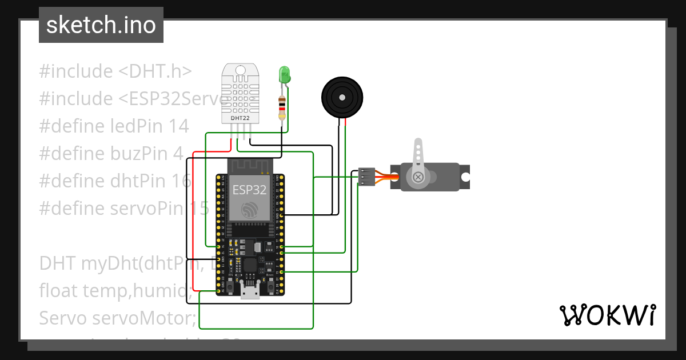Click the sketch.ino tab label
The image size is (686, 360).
click(101, 25)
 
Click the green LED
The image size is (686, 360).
click(284, 75)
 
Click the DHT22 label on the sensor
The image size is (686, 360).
click(240, 118)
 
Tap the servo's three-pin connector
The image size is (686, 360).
click(366, 177)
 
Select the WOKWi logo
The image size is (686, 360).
click(607, 315)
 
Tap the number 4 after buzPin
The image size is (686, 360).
click(178, 154)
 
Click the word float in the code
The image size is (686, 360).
click(59, 291)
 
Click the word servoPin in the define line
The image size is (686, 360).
click(145, 209)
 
